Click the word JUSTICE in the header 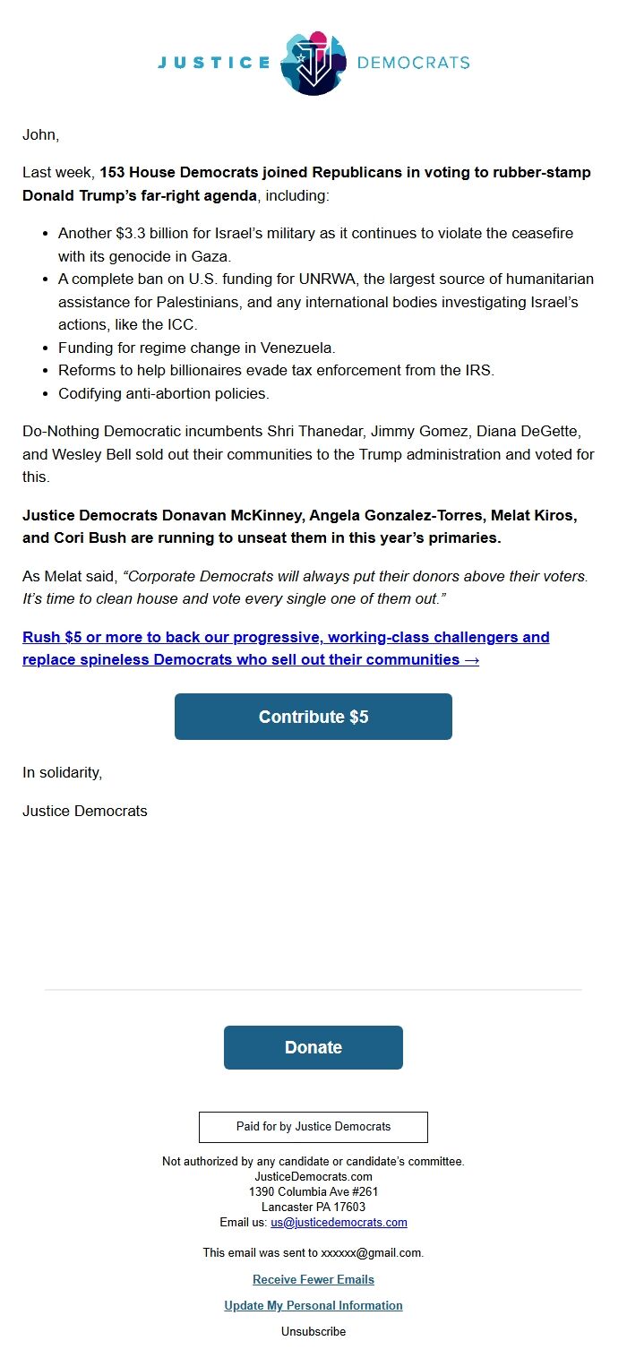tap(214, 63)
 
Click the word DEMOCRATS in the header tap(413, 63)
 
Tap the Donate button tap(313, 1047)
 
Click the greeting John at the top tap(40, 135)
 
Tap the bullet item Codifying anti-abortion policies tap(164, 393)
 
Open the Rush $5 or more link tap(286, 649)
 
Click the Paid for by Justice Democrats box tap(313, 1127)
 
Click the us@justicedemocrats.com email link tap(339, 1222)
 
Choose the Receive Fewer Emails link tap(313, 1279)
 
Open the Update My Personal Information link tap(313, 1305)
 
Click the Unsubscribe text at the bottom tap(313, 1331)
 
